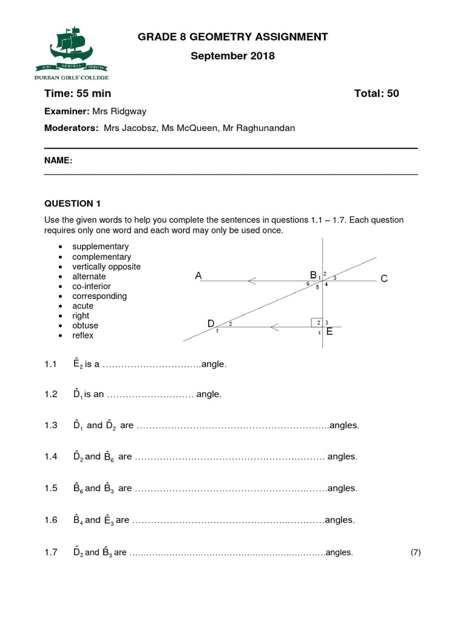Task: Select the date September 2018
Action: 233,56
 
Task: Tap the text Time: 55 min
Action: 78,93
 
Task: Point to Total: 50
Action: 376,93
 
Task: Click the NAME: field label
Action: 58,161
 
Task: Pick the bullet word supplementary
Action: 100,247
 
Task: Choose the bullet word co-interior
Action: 92,286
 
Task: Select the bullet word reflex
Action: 83,335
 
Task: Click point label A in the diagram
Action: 198,277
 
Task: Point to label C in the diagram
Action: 383,279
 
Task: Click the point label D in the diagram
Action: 211,324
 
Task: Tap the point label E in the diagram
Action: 329,332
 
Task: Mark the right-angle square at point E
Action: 316,323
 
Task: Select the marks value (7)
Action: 415,552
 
